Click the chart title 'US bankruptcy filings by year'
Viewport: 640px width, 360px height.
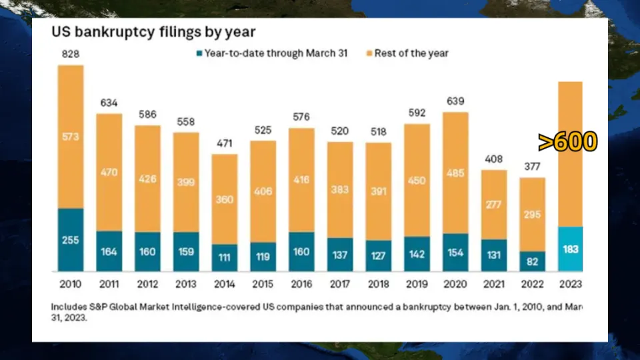(x=153, y=32)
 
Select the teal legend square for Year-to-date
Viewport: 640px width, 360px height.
(x=199, y=53)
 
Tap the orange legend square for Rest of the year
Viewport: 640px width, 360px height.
(x=369, y=53)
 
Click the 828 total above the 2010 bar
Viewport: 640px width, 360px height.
(x=71, y=53)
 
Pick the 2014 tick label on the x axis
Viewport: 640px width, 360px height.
(x=225, y=284)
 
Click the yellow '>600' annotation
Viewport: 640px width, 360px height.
(x=567, y=141)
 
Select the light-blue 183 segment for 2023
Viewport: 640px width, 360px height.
(x=570, y=249)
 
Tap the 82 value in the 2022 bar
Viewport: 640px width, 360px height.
(x=532, y=261)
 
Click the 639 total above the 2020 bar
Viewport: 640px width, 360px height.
(x=455, y=101)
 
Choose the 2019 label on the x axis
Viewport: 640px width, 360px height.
(x=417, y=284)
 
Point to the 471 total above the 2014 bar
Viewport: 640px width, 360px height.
(x=225, y=143)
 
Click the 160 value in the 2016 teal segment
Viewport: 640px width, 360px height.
(x=301, y=253)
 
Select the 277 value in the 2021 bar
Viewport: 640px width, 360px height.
(x=494, y=204)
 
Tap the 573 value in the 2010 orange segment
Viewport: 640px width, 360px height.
(x=71, y=137)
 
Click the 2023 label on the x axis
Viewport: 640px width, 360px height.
(x=570, y=284)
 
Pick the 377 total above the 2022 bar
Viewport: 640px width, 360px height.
(x=532, y=167)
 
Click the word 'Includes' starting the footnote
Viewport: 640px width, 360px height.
(x=68, y=307)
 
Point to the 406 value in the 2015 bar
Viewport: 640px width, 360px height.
(x=263, y=191)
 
